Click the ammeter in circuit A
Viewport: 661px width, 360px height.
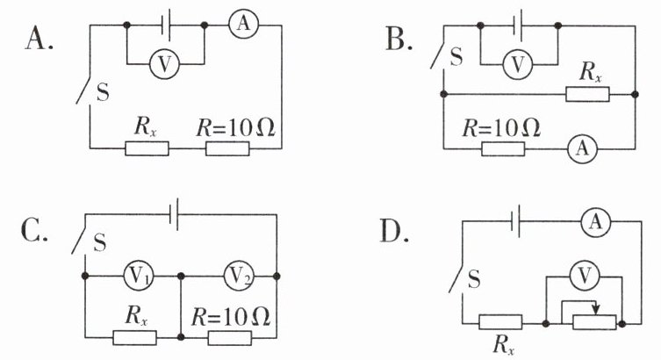coord(243,24)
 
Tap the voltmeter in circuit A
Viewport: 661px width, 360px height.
coord(164,64)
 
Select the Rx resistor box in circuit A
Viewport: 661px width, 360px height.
coord(147,148)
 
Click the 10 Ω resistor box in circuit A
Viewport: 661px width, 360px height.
coord(227,148)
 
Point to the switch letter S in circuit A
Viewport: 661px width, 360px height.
coord(103,92)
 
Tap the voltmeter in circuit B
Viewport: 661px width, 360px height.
coord(518,64)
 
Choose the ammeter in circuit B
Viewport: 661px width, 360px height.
coord(583,148)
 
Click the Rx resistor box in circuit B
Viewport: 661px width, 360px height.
coord(587,94)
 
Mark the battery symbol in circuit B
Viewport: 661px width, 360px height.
coord(518,25)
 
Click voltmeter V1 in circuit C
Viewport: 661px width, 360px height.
coord(139,276)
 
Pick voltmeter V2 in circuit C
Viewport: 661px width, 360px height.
coord(239,276)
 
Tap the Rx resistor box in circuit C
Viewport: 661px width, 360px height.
coord(135,338)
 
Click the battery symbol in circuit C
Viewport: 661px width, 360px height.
coord(174,214)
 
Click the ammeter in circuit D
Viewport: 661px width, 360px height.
coord(595,221)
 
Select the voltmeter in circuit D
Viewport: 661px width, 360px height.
coord(584,277)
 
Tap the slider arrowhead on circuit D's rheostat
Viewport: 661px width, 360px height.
coord(595,310)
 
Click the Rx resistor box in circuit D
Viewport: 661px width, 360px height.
coord(500,322)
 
